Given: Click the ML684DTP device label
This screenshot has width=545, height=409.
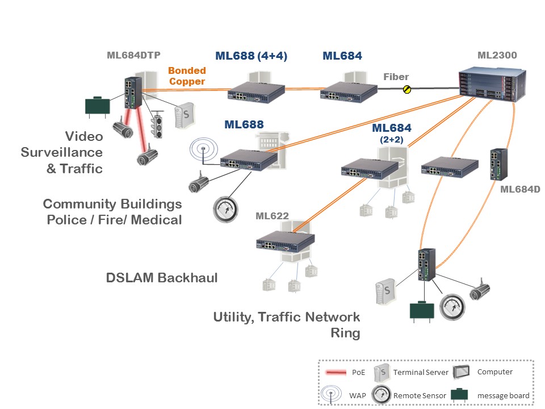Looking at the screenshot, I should (x=133, y=55).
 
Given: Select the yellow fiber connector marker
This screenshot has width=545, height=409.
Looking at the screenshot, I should (x=406, y=89).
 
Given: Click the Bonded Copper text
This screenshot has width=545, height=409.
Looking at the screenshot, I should (x=187, y=77).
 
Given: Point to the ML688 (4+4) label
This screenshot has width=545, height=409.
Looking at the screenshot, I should (x=251, y=56).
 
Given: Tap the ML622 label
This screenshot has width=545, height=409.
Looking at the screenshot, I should (x=272, y=216).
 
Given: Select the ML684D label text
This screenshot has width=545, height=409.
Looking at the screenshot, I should (x=520, y=189).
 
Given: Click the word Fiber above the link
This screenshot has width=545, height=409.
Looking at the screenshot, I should (x=396, y=77).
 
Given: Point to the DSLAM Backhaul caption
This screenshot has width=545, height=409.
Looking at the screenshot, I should (x=162, y=278).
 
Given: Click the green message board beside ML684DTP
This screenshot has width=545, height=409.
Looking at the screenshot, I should (x=97, y=106).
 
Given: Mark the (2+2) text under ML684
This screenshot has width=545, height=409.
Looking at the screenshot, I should (x=391, y=139).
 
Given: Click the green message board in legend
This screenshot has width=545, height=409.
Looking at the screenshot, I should (x=461, y=395).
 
